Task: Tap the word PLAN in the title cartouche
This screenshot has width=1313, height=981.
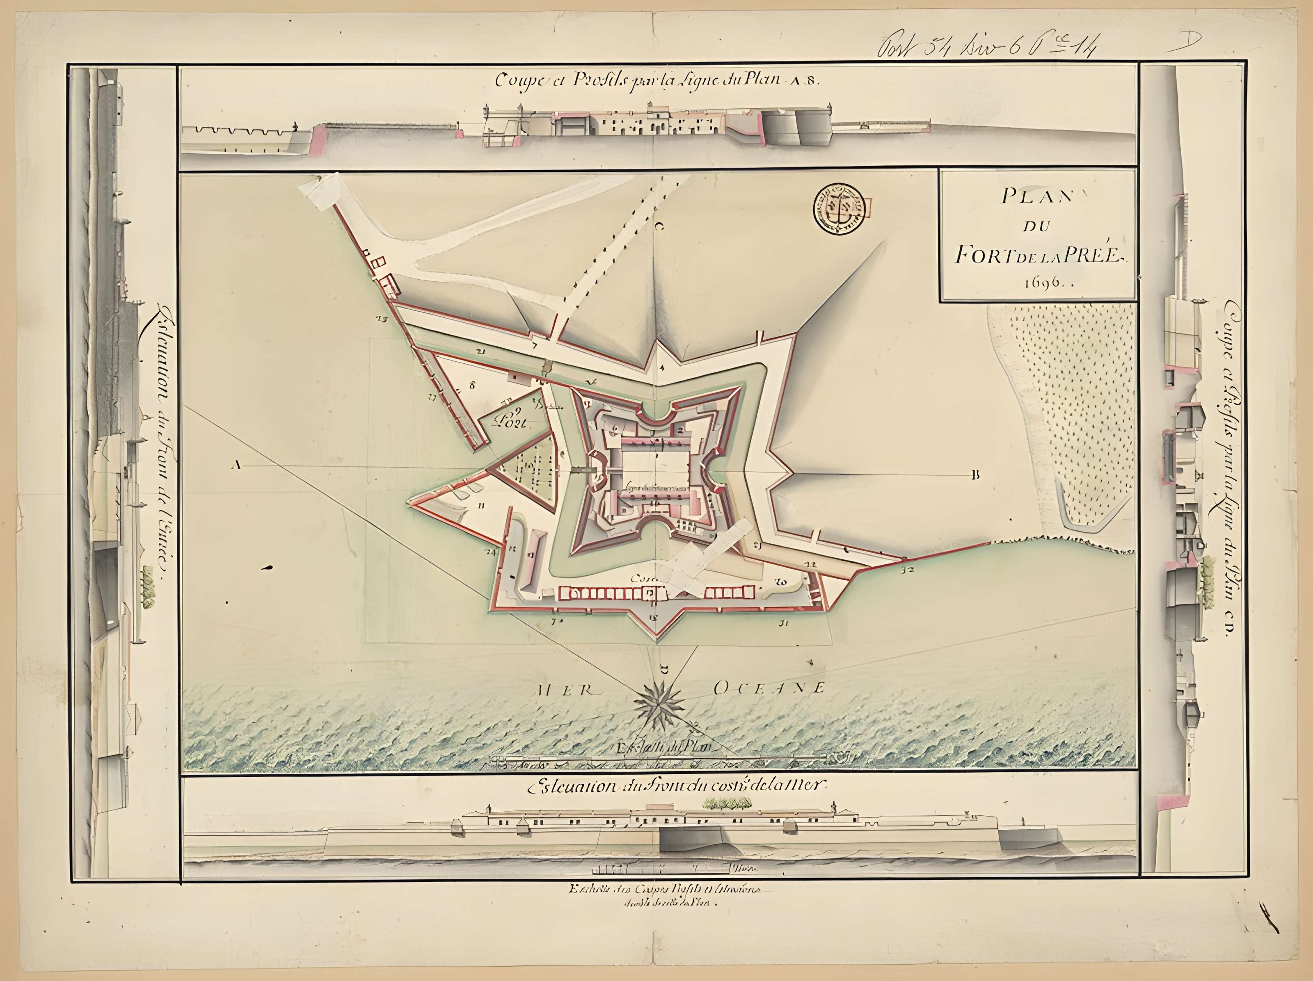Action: (1035, 196)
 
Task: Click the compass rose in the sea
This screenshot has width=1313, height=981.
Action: (659, 705)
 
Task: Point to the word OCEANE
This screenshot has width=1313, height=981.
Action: (768, 688)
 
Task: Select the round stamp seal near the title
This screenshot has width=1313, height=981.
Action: (839, 207)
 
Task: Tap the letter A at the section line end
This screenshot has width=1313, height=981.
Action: (236, 465)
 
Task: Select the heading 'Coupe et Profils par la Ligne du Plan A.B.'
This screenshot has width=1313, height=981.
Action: (657, 81)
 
